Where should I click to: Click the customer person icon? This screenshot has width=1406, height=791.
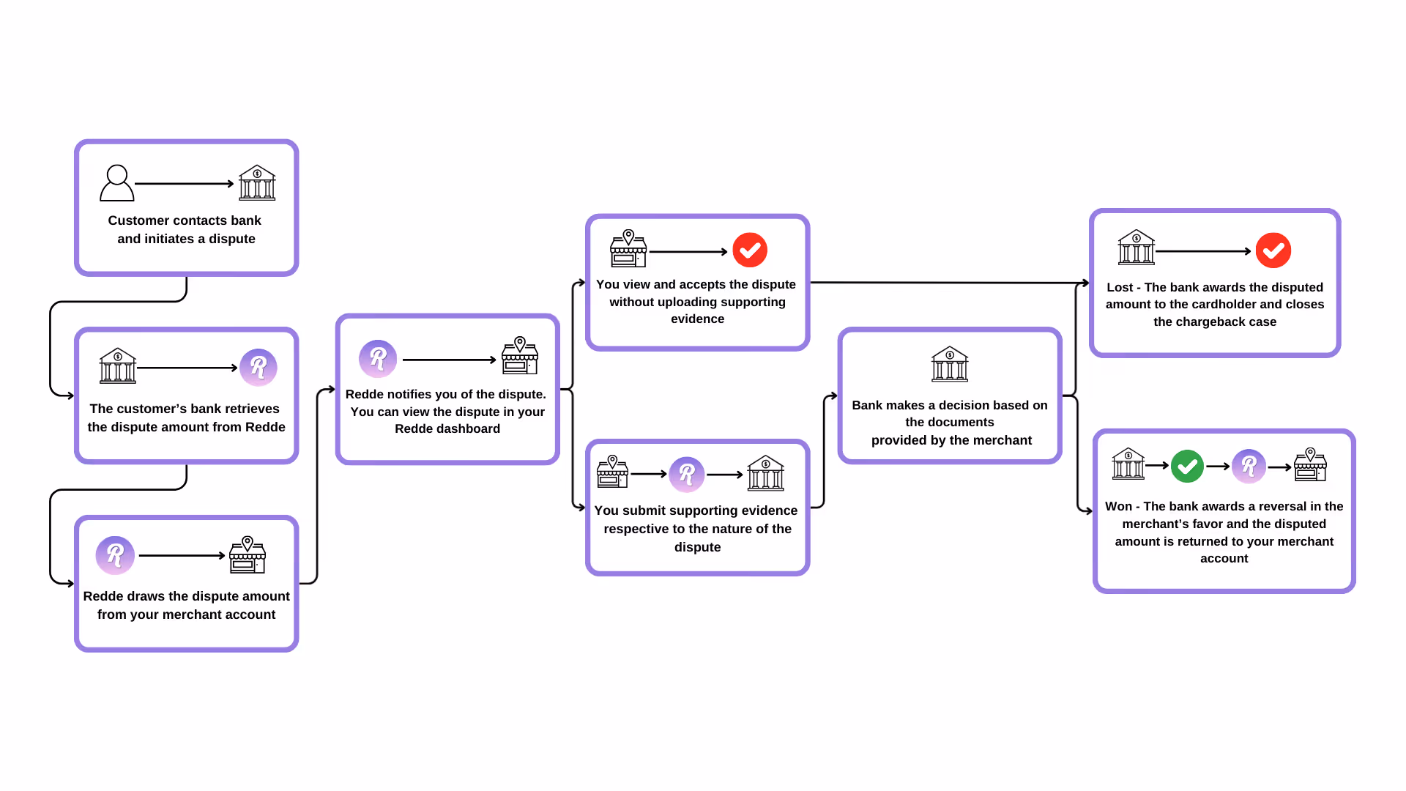click(117, 183)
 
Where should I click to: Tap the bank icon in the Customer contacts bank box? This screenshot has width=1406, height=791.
click(257, 182)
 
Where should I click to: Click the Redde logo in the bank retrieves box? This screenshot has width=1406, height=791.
click(258, 367)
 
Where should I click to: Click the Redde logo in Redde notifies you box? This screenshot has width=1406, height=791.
click(378, 359)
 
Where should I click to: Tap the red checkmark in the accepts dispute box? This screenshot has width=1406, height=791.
click(750, 250)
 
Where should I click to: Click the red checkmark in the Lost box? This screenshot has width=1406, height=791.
click(1273, 250)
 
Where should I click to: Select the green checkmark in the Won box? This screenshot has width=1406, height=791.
click(1187, 466)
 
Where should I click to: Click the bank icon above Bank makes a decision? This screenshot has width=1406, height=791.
click(950, 364)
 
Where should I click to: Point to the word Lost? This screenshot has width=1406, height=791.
click(1120, 287)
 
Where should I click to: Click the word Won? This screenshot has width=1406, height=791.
click(1118, 506)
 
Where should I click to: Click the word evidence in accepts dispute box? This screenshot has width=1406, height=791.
click(697, 319)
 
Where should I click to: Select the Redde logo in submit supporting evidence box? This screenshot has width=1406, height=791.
click(687, 475)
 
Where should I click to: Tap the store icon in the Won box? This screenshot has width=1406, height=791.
click(1310, 465)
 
